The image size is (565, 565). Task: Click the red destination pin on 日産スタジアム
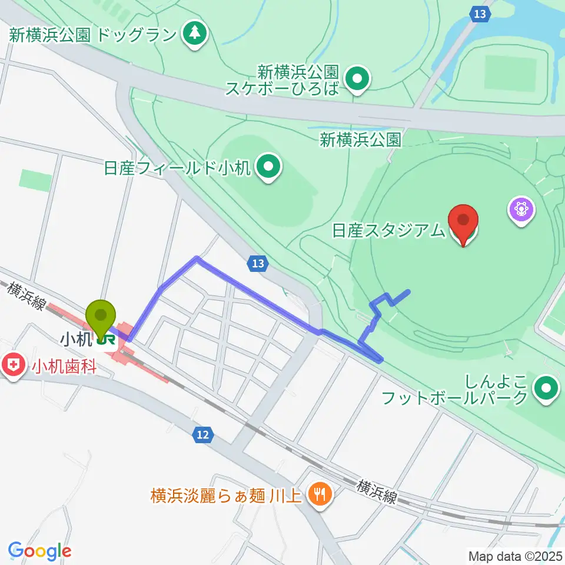463,223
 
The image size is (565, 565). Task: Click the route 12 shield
202,435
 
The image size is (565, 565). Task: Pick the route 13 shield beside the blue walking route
258,264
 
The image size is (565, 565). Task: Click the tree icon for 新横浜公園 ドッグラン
195,34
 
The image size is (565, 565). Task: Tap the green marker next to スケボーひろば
356,81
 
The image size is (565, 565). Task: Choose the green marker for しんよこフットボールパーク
546,388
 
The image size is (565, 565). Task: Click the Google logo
39,551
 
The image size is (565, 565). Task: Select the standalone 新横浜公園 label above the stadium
361,139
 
